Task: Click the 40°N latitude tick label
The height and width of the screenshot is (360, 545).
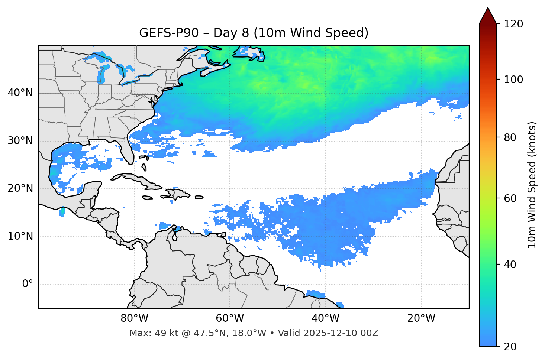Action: tap(20, 93)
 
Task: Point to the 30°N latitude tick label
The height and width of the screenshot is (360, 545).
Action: tap(20, 141)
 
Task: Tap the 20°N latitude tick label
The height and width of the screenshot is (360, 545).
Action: tap(20, 188)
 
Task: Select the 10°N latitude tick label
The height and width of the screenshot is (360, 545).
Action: tap(20, 236)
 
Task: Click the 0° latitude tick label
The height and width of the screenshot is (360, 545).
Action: tap(28, 284)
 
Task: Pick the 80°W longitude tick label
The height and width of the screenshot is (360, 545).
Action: tap(134, 318)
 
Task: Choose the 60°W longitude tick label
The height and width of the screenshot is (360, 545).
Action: tap(230, 318)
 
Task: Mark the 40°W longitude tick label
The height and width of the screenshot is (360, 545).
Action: tap(326, 318)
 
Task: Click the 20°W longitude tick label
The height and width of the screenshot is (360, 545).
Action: tap(421, 318)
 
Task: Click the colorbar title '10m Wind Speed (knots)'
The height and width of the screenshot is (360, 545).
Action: tap(532, 185)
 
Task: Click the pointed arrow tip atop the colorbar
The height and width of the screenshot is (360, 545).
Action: tap(488, 9)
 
